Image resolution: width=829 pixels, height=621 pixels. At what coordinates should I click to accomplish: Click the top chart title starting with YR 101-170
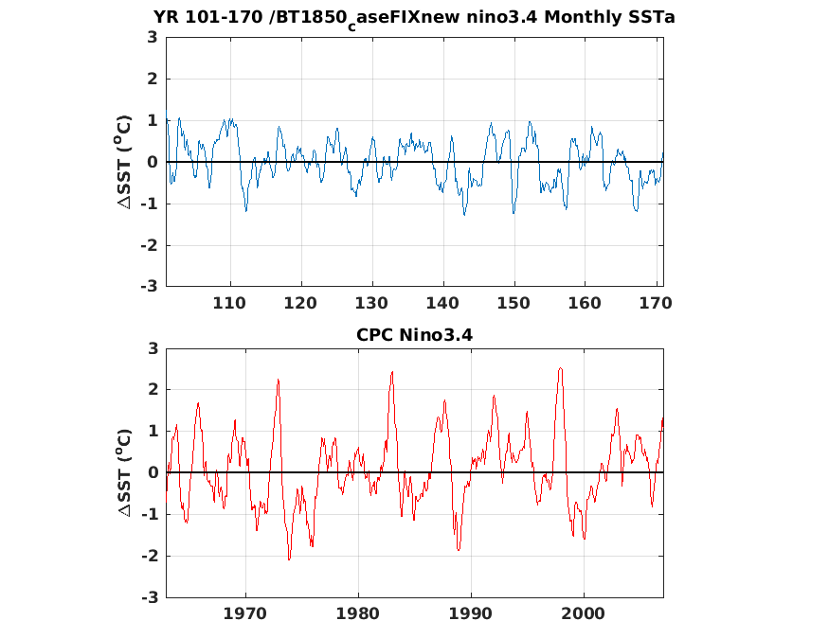pyautogui.click(x=414, y=18)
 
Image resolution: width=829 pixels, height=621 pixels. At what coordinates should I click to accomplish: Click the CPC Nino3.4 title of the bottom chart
pyautogui.click(x=414, y=334)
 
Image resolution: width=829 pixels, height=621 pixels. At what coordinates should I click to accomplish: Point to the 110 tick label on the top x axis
pyautogui.click(x=230, y=304)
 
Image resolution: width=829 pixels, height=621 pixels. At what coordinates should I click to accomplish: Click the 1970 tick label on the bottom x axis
pyautogui.click(x=246, y=614)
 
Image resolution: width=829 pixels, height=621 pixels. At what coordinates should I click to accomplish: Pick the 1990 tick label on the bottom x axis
pyautogui.click(x=471, y=614)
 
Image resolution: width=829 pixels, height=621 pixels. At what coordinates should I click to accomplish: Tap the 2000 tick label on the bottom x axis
pyautogui.click(x=584, y=614)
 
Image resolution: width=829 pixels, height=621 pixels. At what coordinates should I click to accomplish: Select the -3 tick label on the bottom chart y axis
pyautogui.click(x=150, y=597)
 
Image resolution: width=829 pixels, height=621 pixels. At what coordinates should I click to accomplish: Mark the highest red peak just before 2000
pyautogui.click(x=561, y=368)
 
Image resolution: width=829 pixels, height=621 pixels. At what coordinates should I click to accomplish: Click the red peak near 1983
pyautogui.click(x=391, y=372)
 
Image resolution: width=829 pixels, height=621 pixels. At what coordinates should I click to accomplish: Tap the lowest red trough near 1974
pyautogui.click(x=289, y=559)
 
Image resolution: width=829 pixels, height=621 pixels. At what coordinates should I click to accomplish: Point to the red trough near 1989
pyautogui.click(x=459, y=550)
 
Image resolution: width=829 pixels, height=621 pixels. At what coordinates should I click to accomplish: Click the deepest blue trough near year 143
pyautogui.click(x=464, y=215)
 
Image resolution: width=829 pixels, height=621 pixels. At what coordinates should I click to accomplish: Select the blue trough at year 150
pyautogui.click(x=514, y=213)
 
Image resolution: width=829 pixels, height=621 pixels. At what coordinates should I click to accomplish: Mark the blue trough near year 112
pyautogui.click(x=246, y=210)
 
